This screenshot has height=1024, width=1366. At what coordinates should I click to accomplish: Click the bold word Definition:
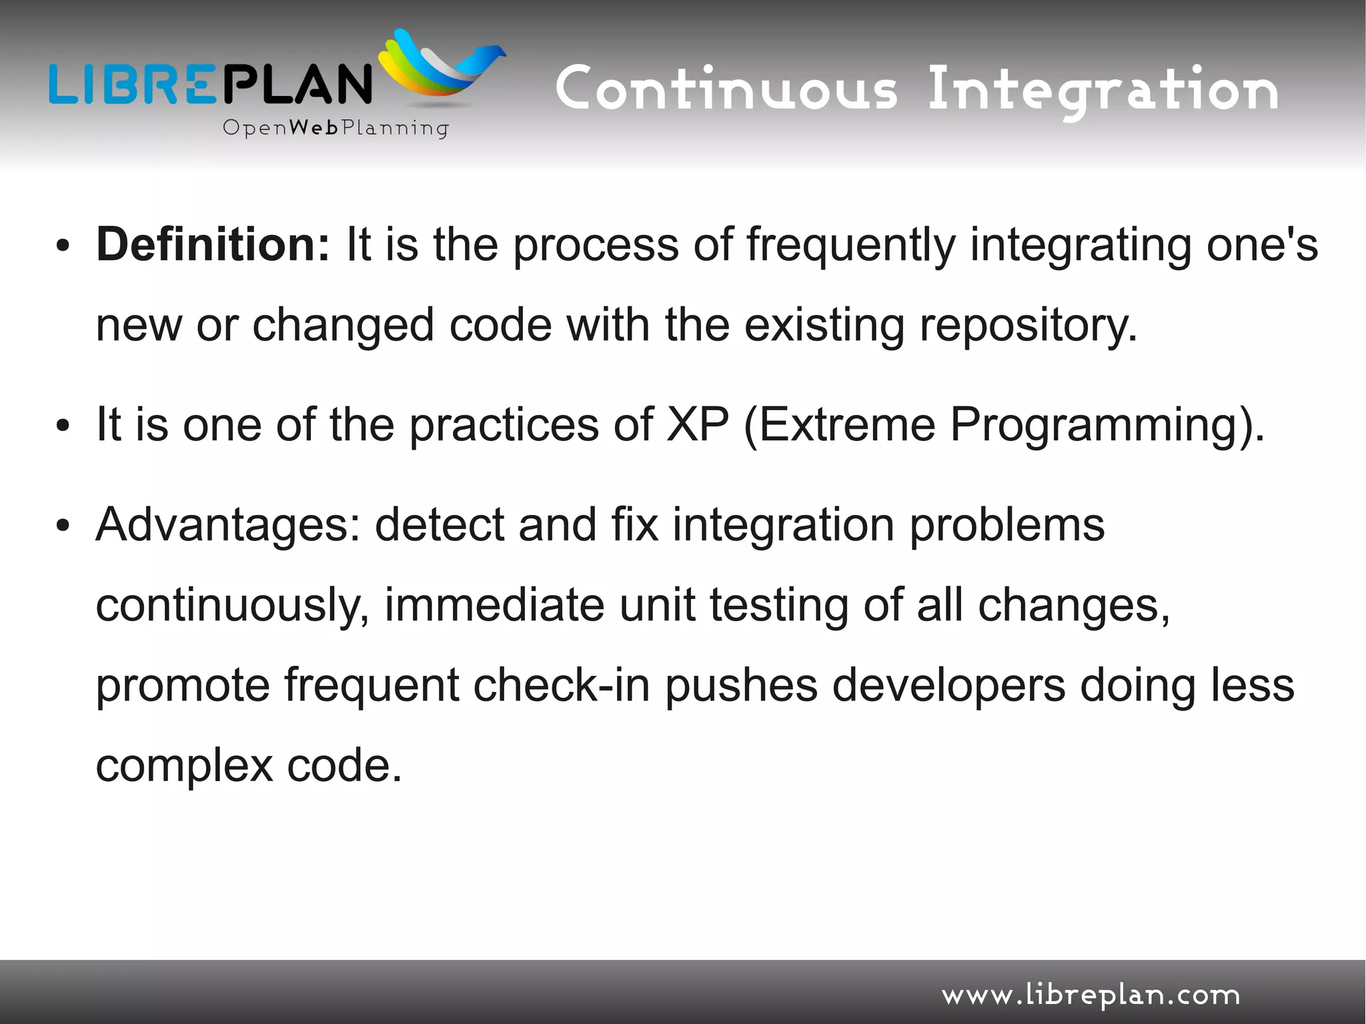[212, 245]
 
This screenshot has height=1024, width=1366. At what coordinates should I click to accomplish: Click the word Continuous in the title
[726, 90]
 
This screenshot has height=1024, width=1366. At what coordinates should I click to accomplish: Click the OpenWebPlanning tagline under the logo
[335, 127]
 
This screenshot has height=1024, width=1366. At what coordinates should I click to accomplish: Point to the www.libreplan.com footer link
[1090, 996]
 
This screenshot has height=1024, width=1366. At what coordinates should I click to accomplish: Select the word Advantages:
[227, 525]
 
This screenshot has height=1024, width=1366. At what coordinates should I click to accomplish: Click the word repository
[1028, 326]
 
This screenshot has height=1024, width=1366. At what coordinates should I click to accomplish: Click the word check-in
[561, 685]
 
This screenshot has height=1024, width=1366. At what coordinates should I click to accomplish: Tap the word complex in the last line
[184, 766]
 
